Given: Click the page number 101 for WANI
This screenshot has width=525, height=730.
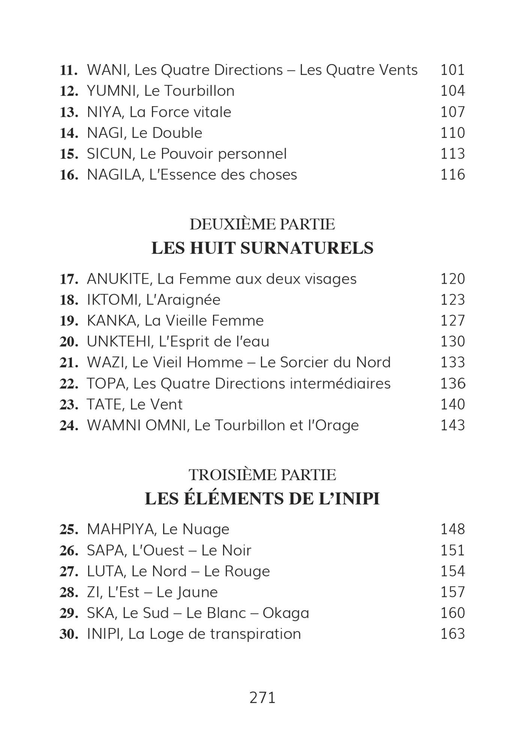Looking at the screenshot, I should [452, 70].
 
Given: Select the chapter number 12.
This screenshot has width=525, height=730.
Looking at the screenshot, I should [69, 91].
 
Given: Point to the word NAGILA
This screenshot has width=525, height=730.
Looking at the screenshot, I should [114, 175].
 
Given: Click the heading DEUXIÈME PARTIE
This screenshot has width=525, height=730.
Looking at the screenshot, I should [262, 224].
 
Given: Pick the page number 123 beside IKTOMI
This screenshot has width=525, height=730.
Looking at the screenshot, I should [452, 300].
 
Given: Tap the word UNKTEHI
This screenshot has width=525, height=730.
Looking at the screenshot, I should [119, 341].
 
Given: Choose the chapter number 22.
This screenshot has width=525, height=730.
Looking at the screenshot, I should [69, 384].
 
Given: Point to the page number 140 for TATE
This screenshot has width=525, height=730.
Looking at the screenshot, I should [452, 404].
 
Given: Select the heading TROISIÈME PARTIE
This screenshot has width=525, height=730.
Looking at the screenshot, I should [262, 475].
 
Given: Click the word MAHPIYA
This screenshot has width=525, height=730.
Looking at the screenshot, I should [120, 529].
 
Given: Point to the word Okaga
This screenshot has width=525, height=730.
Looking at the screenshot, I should [286, 613].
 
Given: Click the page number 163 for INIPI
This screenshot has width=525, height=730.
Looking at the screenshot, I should [452, 634].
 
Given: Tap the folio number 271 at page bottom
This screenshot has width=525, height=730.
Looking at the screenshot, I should [262, 698].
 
